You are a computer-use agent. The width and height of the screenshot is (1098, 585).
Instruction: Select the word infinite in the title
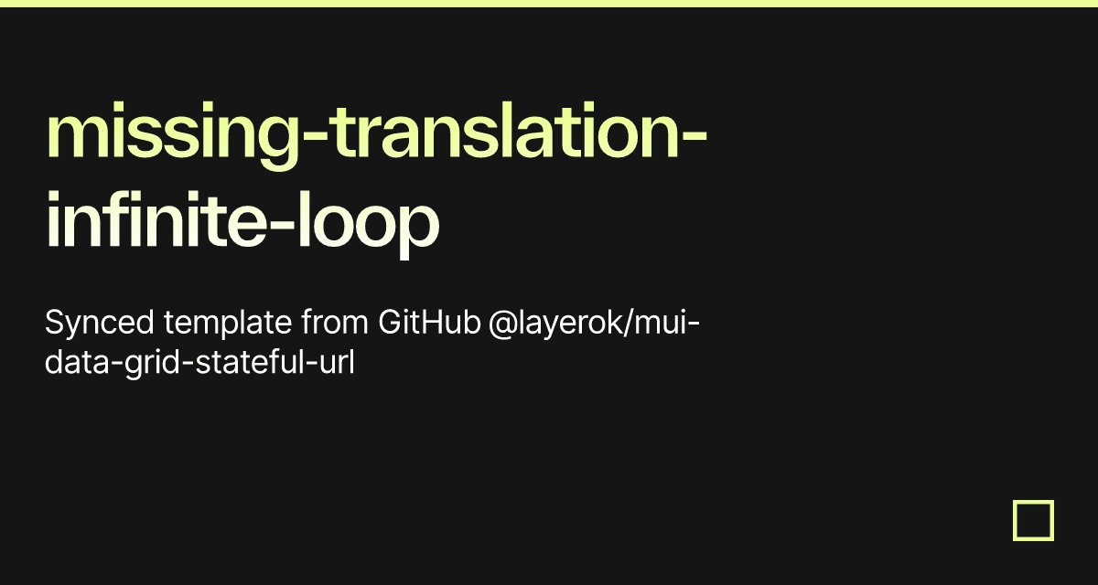click(156, 218)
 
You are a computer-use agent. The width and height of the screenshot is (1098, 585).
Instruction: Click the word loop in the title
click(368, 225)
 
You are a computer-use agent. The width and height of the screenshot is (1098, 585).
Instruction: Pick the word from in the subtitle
click(334, 322)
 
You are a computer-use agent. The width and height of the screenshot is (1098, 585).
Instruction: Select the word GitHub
click(429, 322)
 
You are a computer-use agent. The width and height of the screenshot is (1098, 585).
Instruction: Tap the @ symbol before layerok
click(503, 324)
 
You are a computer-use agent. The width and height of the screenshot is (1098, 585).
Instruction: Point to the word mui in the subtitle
click(660, 323)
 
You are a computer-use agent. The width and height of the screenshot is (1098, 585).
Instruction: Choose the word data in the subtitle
click(77, 363)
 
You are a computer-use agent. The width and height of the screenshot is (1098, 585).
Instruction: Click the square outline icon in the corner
click(1033, 502)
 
